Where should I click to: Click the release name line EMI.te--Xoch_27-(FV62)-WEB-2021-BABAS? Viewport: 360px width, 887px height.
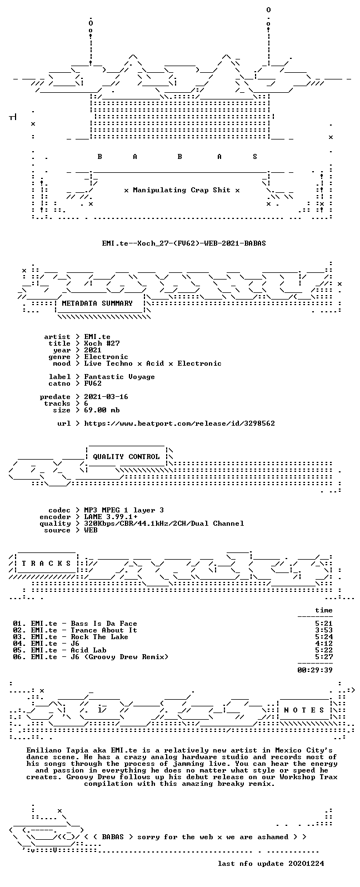184,243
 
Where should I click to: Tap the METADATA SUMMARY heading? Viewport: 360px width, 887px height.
97,303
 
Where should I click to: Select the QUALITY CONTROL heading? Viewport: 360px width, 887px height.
126,457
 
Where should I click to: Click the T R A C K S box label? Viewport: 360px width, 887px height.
46,563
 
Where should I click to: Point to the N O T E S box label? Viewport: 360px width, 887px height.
304,710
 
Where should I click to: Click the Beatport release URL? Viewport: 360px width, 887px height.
179,423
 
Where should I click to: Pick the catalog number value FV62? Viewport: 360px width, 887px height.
93,383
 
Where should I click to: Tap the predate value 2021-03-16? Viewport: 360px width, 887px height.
106,397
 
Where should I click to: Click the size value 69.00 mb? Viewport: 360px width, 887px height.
102,410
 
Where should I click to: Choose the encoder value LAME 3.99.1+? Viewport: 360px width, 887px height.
111,517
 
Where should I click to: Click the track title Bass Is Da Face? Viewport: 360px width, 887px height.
104,624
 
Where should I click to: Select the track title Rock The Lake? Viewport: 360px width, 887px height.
99,637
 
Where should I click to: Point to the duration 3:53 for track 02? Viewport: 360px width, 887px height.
324,630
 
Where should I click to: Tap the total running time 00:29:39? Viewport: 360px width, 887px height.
315,670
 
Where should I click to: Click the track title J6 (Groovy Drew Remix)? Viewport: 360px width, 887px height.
119,657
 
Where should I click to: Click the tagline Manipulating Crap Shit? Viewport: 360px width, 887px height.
182,190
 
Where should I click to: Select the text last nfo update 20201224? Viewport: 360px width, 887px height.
271,863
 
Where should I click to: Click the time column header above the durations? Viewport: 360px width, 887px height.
324,610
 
